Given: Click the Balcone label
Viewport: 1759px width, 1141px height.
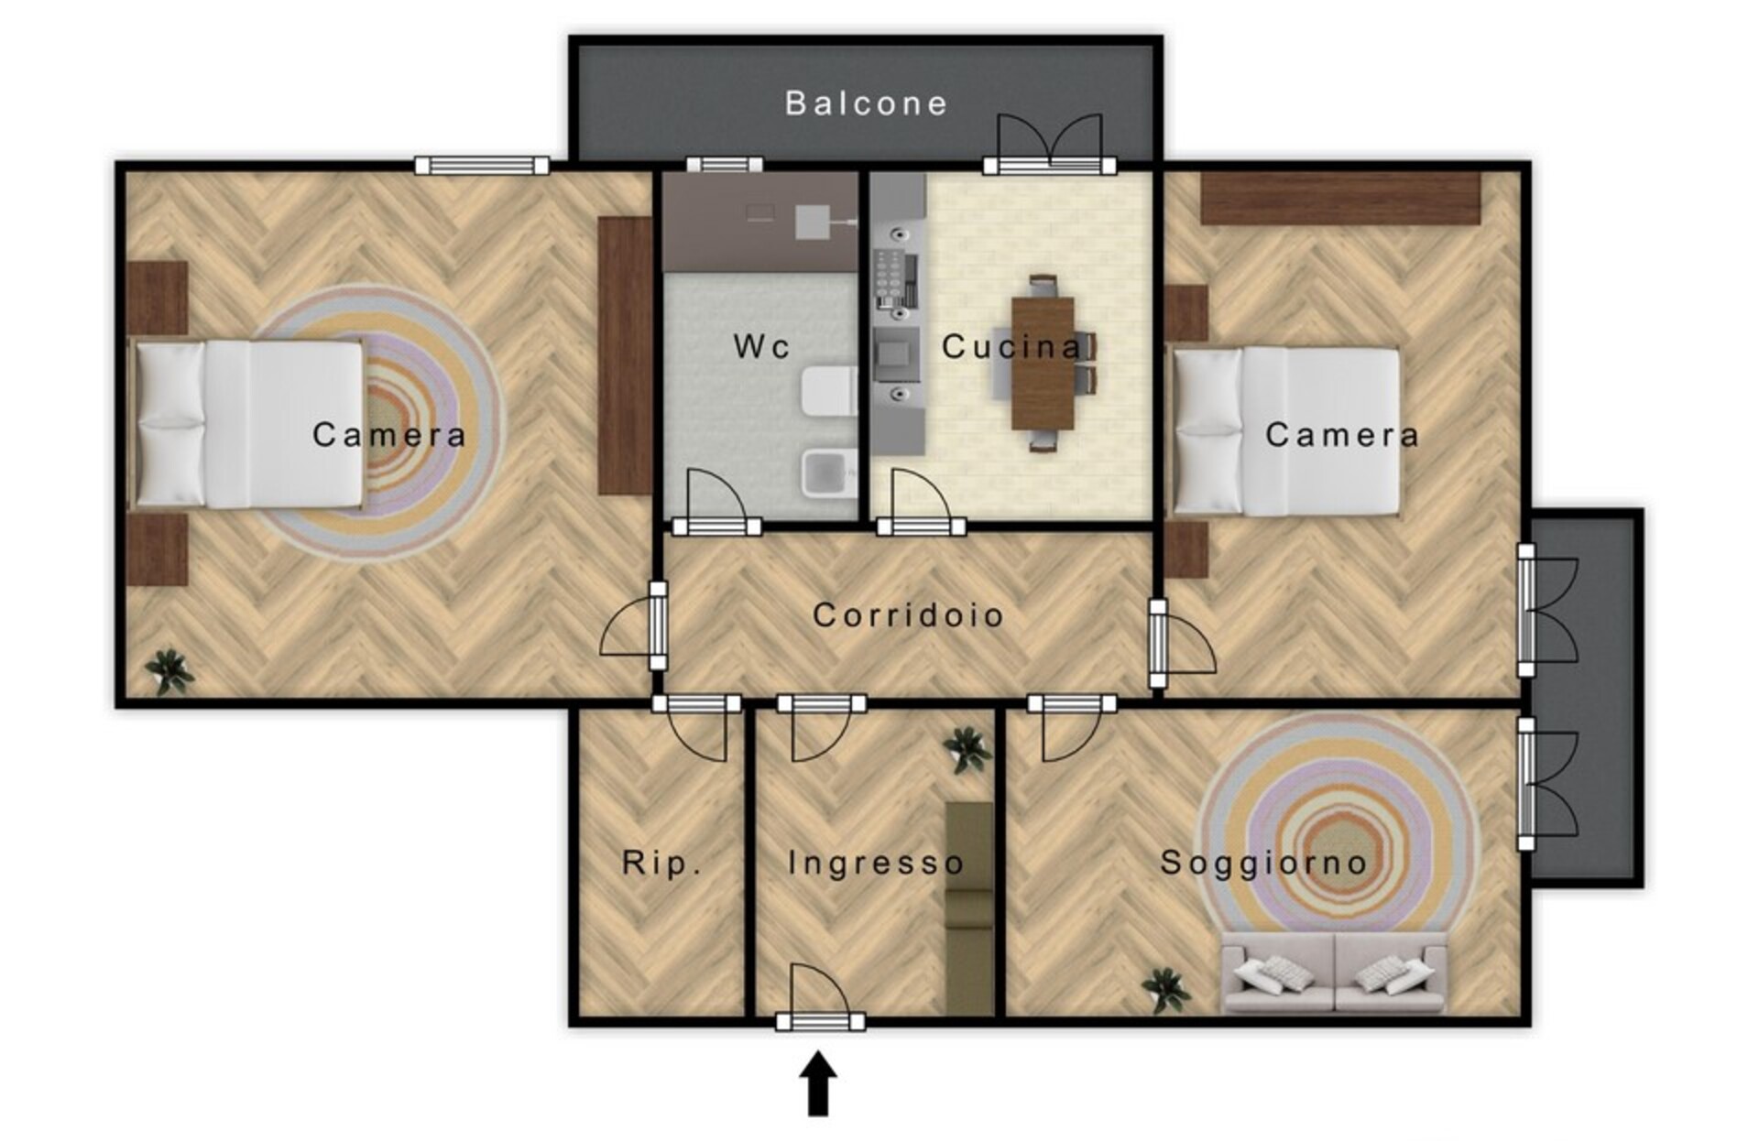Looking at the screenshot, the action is (x=866, y=103).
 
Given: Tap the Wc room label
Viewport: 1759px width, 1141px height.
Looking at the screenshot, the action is (x=762, y=346).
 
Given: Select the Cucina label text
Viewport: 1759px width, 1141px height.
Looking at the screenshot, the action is (x=1011, y=346).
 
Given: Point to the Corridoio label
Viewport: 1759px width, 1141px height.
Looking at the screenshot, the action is (x=908, y=614).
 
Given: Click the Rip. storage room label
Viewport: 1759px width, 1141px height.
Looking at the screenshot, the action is (x=661, y=863).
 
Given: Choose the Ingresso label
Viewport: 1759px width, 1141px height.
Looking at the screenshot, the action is (x=876, y=863).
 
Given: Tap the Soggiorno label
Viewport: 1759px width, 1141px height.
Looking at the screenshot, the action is (x=1263, y=863).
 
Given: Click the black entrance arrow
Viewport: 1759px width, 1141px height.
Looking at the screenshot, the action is (x=818, y=1083).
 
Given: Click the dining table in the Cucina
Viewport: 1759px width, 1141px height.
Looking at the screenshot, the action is (x=1043, y=363).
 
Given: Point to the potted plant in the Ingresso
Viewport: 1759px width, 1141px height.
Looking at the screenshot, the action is (x=968, y=750).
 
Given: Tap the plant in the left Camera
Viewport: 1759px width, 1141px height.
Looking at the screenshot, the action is (x=169, y=672).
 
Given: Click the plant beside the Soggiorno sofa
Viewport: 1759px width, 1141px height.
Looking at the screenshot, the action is (x=1165, y=990).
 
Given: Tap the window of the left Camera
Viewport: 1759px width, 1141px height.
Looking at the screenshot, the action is (x=482, y=166).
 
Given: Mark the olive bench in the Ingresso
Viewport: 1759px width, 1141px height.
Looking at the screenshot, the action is (x=969, y=908).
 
